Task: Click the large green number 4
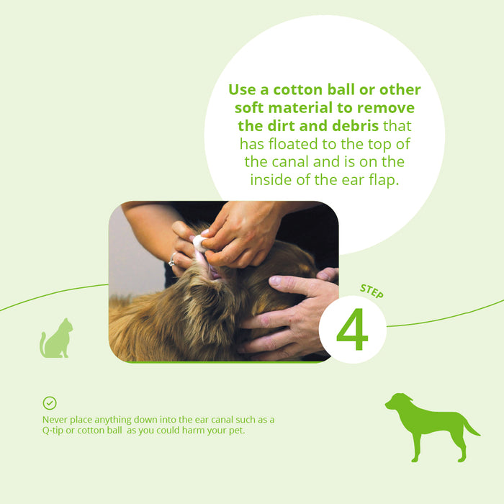352,330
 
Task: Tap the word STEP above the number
372,291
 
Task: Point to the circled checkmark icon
50,402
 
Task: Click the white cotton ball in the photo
200,243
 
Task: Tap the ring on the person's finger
172,260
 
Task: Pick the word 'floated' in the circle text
293,144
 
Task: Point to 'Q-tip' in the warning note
53,431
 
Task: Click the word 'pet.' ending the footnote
237,431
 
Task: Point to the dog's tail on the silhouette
471,426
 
